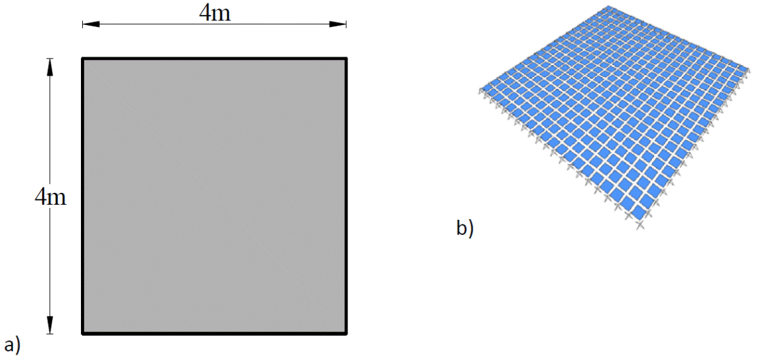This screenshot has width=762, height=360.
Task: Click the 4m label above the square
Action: tap(215, 13)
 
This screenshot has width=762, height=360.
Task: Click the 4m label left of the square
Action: tap(51, 197)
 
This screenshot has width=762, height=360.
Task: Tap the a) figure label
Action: tap(12, 345)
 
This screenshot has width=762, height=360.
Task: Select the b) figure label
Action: tap(465, 228)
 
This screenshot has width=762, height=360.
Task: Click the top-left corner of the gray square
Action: tap(83, 59)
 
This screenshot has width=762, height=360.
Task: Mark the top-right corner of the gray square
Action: tap(345, 59)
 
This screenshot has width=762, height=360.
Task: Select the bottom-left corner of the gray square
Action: tap(83, 333)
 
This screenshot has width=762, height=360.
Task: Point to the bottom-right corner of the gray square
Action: tap(345, 333)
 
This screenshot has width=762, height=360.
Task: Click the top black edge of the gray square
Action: tap(215, 59)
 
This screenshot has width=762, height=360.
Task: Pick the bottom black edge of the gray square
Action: tap(215, 333)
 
